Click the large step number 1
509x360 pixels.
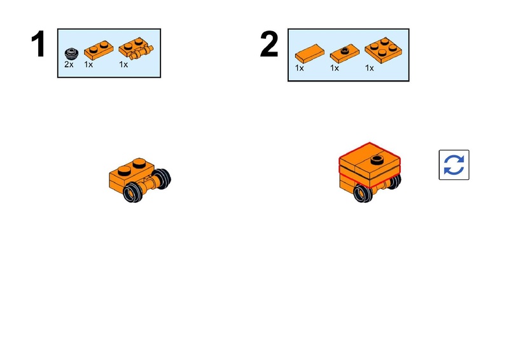coord(38,44)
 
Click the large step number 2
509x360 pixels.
coord(269,44)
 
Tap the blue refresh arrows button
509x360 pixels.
coord(454,165)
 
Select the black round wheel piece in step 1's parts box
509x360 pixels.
coord(71,53)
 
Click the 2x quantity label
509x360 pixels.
coord(69,65)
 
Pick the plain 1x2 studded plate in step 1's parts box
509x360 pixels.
coord(99,50)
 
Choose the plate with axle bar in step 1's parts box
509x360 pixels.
coord(136,49)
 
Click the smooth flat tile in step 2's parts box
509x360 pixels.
coord(309,53)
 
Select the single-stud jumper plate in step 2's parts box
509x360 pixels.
coord(344,53)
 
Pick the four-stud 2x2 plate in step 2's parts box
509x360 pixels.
coord(383,50)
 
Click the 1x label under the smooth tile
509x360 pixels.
coord(299,68)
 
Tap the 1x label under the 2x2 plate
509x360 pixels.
coord(370,68)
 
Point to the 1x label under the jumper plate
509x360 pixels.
coord(335,68)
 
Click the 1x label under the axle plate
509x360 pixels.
coord(123,65)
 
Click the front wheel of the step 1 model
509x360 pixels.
coord(133,192)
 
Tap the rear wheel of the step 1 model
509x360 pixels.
coord(163,179)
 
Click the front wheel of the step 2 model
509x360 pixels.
coord(363,193)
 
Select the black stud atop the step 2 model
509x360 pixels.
coord(377,160)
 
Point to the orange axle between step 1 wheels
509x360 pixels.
coord(150,185)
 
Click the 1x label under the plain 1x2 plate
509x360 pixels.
coord(88,65)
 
